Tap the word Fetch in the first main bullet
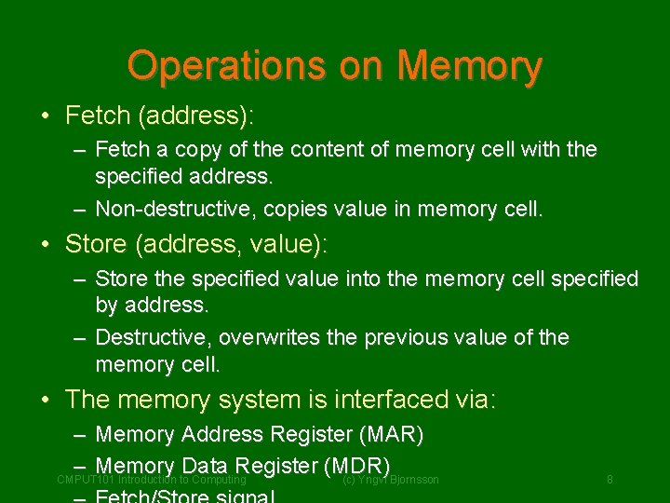point(97,116)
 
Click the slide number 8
point(610,480)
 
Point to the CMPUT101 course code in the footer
point(85,480)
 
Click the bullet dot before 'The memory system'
point(46,401)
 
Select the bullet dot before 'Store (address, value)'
point(46,245)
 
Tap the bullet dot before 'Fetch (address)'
point(46,116)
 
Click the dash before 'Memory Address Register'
point(79,435)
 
